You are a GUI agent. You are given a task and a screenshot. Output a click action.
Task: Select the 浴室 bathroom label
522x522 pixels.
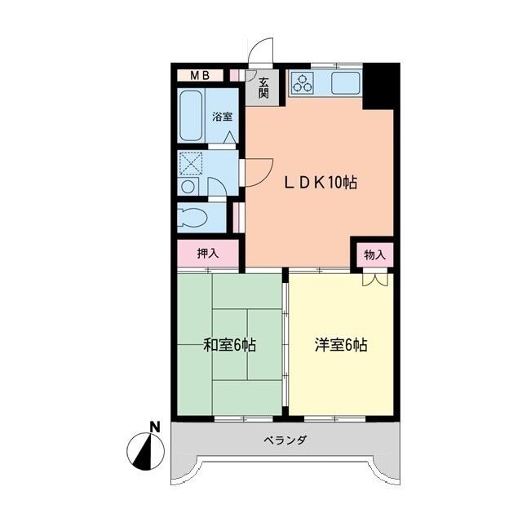(222, 117)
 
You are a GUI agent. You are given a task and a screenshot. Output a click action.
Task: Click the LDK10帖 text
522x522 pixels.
(320, 184)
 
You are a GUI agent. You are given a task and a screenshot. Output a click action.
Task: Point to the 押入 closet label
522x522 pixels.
(208, 254)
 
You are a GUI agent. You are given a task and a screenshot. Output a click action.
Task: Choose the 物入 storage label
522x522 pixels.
(374, 254)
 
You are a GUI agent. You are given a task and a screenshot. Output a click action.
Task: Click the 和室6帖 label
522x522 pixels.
(229, 345)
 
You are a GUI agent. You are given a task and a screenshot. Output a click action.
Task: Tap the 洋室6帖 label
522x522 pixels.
(341, 345)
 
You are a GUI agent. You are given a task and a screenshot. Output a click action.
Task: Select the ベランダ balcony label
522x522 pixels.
(285, 440)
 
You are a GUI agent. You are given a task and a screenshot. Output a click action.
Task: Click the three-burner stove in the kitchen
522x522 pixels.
(303, 82)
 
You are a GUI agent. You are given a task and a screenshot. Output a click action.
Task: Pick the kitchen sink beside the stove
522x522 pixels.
(345, 82)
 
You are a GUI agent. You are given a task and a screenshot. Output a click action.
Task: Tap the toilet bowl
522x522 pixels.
(196, 218)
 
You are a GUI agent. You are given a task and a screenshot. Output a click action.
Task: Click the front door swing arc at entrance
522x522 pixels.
(260, 51)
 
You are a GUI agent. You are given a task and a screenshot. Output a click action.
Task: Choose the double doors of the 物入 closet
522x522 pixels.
(374, 279)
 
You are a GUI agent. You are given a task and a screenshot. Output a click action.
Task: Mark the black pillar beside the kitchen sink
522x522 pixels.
(378, 85)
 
